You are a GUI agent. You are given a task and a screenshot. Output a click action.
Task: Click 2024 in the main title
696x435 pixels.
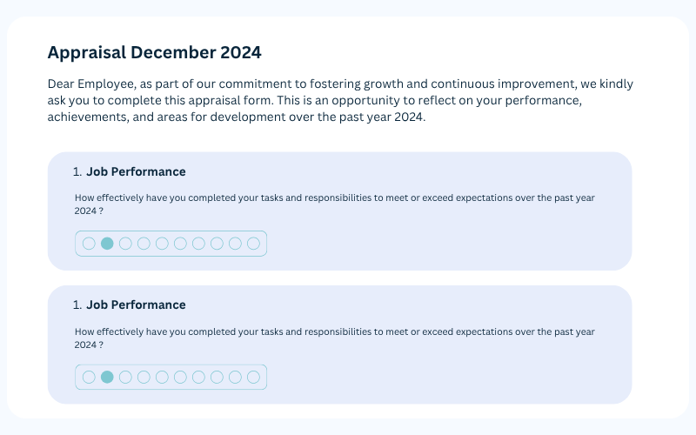pyautogui.click(x=241, y=52)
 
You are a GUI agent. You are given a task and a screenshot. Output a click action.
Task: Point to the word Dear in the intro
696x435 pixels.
pyautogui.click(x=61, y=84)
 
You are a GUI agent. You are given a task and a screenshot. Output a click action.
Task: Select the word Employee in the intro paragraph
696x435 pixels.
pyautogui.click(x=106, y=84)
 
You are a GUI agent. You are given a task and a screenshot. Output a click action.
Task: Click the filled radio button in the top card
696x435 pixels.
pyautogui.click(x=107, y=244)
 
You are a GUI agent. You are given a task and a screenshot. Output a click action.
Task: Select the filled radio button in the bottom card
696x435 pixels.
pyautogui.click(x=107, y=378)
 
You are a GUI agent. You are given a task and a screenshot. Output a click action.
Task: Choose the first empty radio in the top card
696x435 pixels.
pyautogui.click(x=89, y=244)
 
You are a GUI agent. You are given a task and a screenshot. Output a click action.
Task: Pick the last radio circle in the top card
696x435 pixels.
pyautogui.click(x=253, y=244)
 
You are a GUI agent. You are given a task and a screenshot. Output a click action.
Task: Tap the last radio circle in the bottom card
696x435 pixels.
pyautogui.click(x=253, y=378)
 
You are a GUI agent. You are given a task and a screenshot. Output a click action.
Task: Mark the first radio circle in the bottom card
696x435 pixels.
pyautogui.click(x=89, y=378)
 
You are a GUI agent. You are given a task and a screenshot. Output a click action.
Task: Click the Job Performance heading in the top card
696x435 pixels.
pyautogui.click(x=136, y=171)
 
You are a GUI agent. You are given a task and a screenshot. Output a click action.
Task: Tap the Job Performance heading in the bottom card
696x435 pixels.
pyautogui.click(x=136, y=305)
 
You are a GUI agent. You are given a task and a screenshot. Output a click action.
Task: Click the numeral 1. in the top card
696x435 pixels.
pyautogui.click(x=77, y=171)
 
